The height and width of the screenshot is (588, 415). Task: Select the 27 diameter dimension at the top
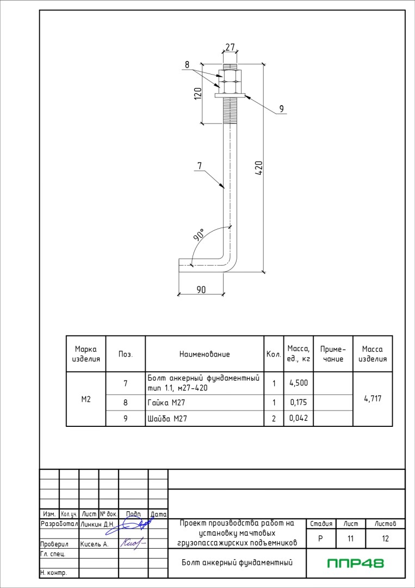pyautogui.click(x=230, y=47)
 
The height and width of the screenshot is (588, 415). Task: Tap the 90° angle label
pyautogui.click(x=199, y=234)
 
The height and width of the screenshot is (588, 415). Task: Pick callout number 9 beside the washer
pyautogui.click(x=281, y=109)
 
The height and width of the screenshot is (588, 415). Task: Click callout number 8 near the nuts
pyautogui.click(x=187, y=64)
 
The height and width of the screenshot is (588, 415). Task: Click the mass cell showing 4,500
pyautogui.click(x=299, y=383)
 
